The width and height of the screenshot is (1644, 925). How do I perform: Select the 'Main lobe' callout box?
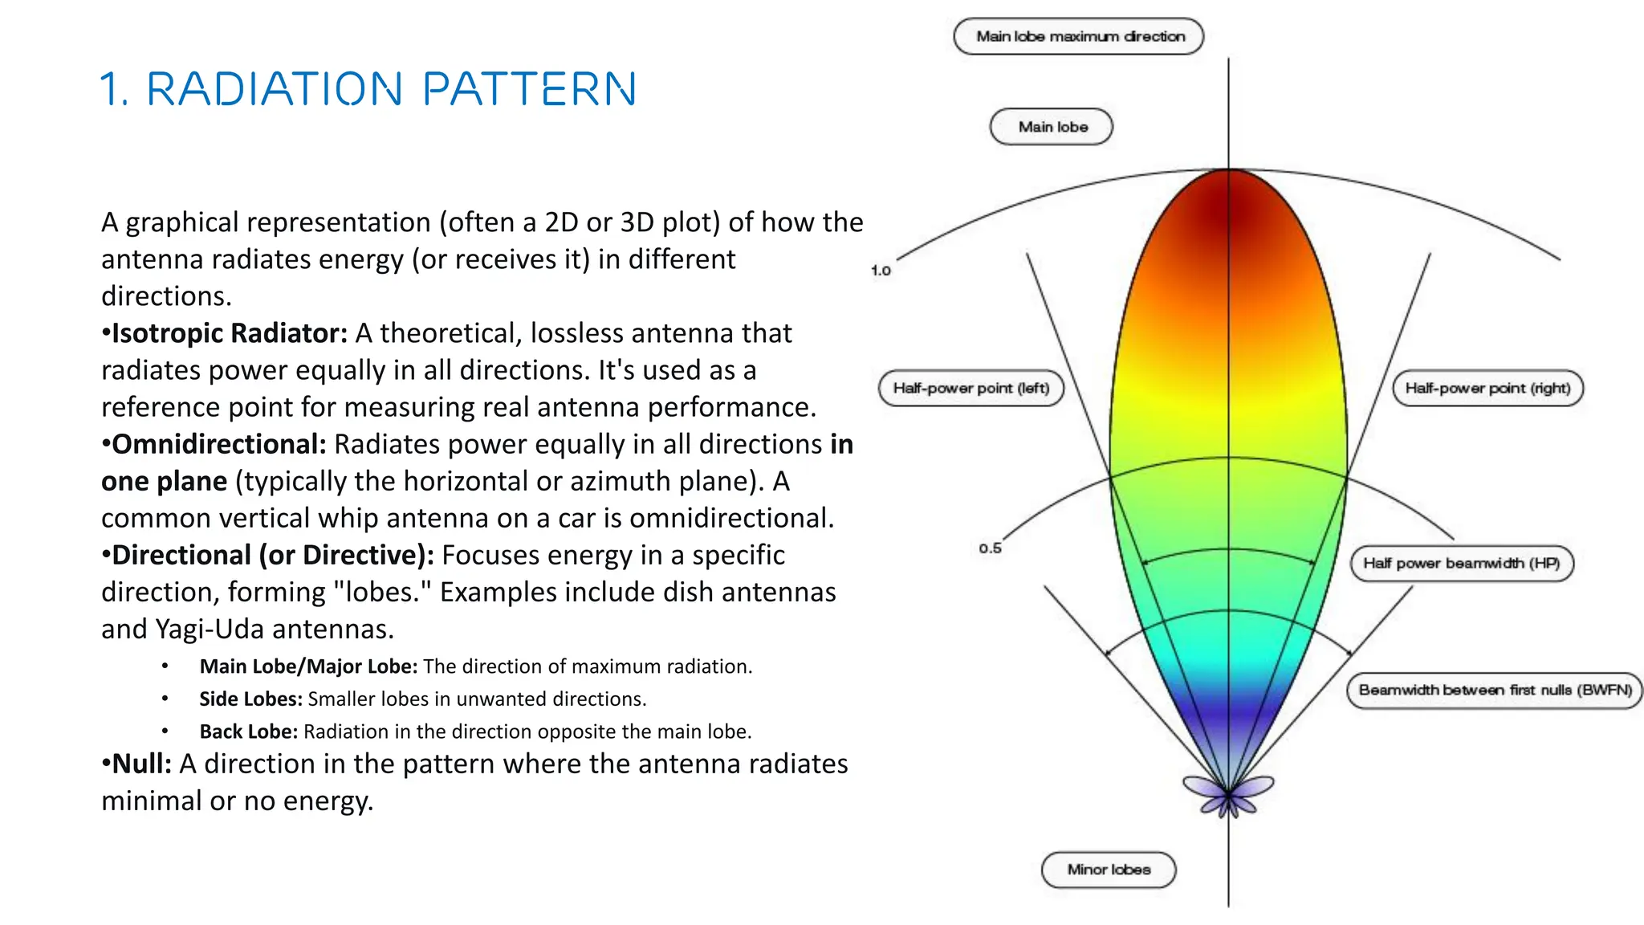(x=1052, y=127)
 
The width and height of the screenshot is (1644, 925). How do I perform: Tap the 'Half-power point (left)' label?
(x=971, y=389)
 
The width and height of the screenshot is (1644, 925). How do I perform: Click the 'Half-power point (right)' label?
(x=1487, y=389)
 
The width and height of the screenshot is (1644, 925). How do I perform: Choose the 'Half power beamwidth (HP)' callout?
(x=1461, y=563)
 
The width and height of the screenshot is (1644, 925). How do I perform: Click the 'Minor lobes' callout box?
(x=1109, y=870)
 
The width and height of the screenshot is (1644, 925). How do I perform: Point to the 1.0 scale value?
(x=881, y=271)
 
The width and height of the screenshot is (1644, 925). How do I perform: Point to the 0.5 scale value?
(x=990, y=548)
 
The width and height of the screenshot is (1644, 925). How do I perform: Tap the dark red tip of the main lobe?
(x=1228, y=201)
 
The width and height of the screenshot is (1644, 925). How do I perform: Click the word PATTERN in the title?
(x=529, y=89)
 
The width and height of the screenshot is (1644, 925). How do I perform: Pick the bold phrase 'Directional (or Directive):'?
(x=272, y=555)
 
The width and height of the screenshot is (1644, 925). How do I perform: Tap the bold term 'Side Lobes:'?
(x=250, y=699)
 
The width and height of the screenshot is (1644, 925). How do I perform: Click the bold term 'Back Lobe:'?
(x=248, y=731)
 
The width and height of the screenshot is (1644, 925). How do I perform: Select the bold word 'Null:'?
(x=141, y=764)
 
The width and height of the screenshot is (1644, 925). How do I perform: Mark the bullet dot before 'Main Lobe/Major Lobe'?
(x=165, y=666)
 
